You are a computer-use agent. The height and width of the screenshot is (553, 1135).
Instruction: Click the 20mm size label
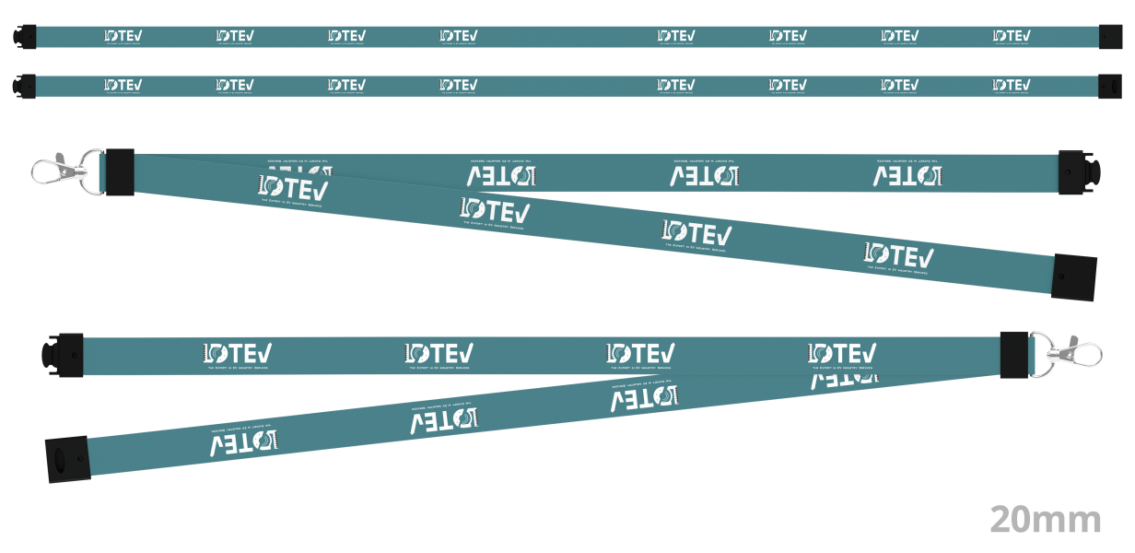[1046, 520]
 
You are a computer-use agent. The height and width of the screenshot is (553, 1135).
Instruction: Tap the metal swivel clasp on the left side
[61, 171]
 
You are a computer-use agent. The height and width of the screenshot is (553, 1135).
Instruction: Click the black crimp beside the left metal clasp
[120, 172]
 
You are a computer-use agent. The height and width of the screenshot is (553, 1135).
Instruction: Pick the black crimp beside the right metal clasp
[1014, 355]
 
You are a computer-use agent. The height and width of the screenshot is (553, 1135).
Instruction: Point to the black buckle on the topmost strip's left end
[25, 36]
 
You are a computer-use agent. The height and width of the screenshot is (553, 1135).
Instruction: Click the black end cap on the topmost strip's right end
[1111, 37]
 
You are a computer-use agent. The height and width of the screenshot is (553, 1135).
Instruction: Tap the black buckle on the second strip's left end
[25, 85]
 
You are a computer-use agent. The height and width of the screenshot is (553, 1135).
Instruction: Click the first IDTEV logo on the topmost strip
[123, 36]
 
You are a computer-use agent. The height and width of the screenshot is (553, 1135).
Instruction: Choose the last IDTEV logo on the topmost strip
[1011, 36]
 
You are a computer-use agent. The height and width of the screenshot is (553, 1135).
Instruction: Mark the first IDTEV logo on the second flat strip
[123, 85]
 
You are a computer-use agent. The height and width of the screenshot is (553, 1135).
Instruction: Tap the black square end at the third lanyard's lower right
[1074, 276]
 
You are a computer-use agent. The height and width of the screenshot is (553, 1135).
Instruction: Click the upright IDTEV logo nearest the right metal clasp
[842, 353]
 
